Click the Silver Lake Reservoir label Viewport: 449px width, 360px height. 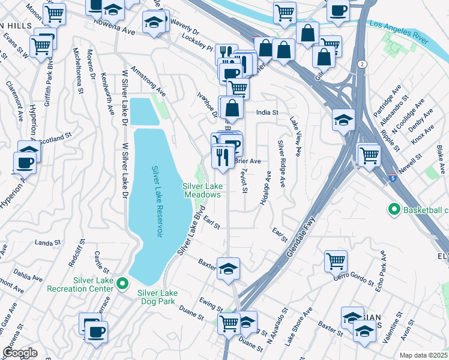157,201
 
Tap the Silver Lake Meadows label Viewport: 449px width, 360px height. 202,190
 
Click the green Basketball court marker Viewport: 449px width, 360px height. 394,210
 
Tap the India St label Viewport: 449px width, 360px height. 267,112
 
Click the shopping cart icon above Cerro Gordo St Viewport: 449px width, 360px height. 336,260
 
